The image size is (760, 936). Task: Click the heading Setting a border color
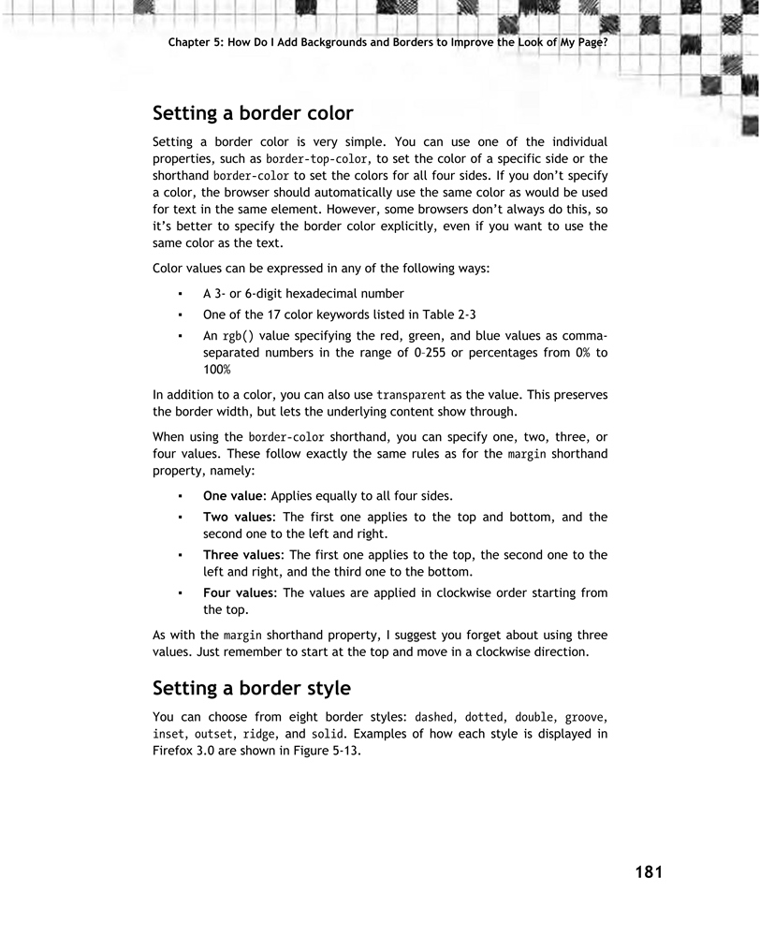click(x=253, y=113)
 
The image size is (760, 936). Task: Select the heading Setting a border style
click(x=251, y=688)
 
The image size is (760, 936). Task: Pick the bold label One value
click(x=233, y=495)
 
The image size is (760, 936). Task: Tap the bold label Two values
click(x=237, y=517)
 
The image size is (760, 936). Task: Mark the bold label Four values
click(x=239, y=592)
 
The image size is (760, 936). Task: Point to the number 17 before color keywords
click(x=264, y=315)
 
